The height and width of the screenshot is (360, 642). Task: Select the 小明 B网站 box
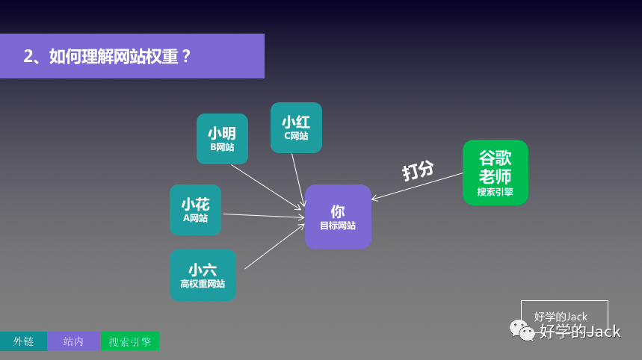222,138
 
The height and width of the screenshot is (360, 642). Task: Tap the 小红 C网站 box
296,127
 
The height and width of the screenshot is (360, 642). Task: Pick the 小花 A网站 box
195,209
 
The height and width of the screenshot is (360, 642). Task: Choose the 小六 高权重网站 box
203,275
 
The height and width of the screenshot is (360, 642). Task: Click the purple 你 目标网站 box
338,217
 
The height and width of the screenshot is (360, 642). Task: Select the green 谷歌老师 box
495,172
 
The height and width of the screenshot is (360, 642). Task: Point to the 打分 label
418,171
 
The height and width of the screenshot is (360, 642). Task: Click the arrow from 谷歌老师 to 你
417,187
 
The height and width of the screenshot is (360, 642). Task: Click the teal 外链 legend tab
23,341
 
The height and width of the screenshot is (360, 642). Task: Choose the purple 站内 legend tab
73,341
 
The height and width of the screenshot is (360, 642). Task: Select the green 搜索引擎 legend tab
130,341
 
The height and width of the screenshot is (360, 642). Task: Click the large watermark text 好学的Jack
580,332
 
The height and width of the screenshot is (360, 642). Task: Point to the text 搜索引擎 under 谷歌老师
495,192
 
